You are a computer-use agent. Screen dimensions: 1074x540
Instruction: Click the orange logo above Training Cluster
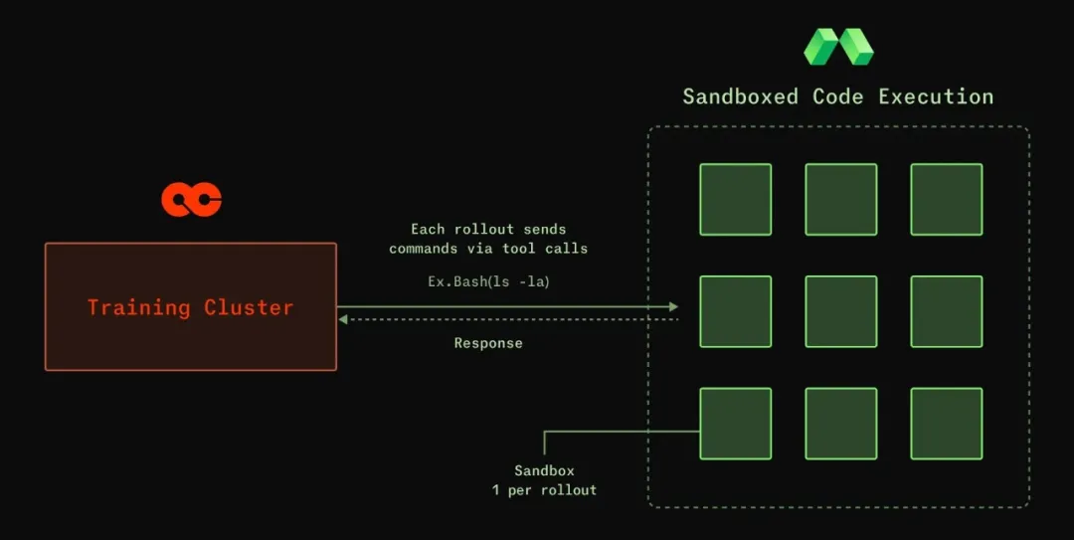pos(191,200)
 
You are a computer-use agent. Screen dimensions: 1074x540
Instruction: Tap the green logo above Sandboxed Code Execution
pos(838,48)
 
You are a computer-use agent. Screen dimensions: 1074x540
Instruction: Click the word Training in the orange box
pos(138,307)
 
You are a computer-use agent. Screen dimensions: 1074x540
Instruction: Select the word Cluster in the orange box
pos(249,307)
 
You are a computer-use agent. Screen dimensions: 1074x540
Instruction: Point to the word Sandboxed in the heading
pos(741,96)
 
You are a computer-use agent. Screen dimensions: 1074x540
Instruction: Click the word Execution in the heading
pos(937,96)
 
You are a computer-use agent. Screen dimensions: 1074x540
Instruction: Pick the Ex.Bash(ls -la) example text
pos(488,281)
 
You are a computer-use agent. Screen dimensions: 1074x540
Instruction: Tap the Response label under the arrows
pos(488,343)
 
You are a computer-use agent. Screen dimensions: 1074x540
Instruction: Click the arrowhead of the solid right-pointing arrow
pos(674,307)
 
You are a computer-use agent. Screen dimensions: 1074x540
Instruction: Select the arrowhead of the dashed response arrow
pos(343,319)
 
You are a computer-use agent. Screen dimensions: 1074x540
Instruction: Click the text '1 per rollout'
pos(545,490)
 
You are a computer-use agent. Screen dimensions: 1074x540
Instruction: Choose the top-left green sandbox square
pos(736,200)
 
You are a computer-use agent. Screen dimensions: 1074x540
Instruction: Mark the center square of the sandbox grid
pos(841,311)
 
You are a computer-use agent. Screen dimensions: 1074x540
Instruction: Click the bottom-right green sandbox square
pos(947,424)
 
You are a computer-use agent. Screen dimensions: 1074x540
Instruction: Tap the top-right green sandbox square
pos(947,200)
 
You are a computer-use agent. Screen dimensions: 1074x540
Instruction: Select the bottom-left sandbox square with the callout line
pos(736,424)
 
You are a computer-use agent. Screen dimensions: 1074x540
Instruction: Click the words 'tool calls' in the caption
pos(545,248)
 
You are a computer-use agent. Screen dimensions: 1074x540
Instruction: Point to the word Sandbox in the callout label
pos(545,470)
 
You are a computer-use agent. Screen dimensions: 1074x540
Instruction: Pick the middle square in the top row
pos(841,200)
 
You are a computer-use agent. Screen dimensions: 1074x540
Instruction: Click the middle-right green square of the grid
pos(947,311)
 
